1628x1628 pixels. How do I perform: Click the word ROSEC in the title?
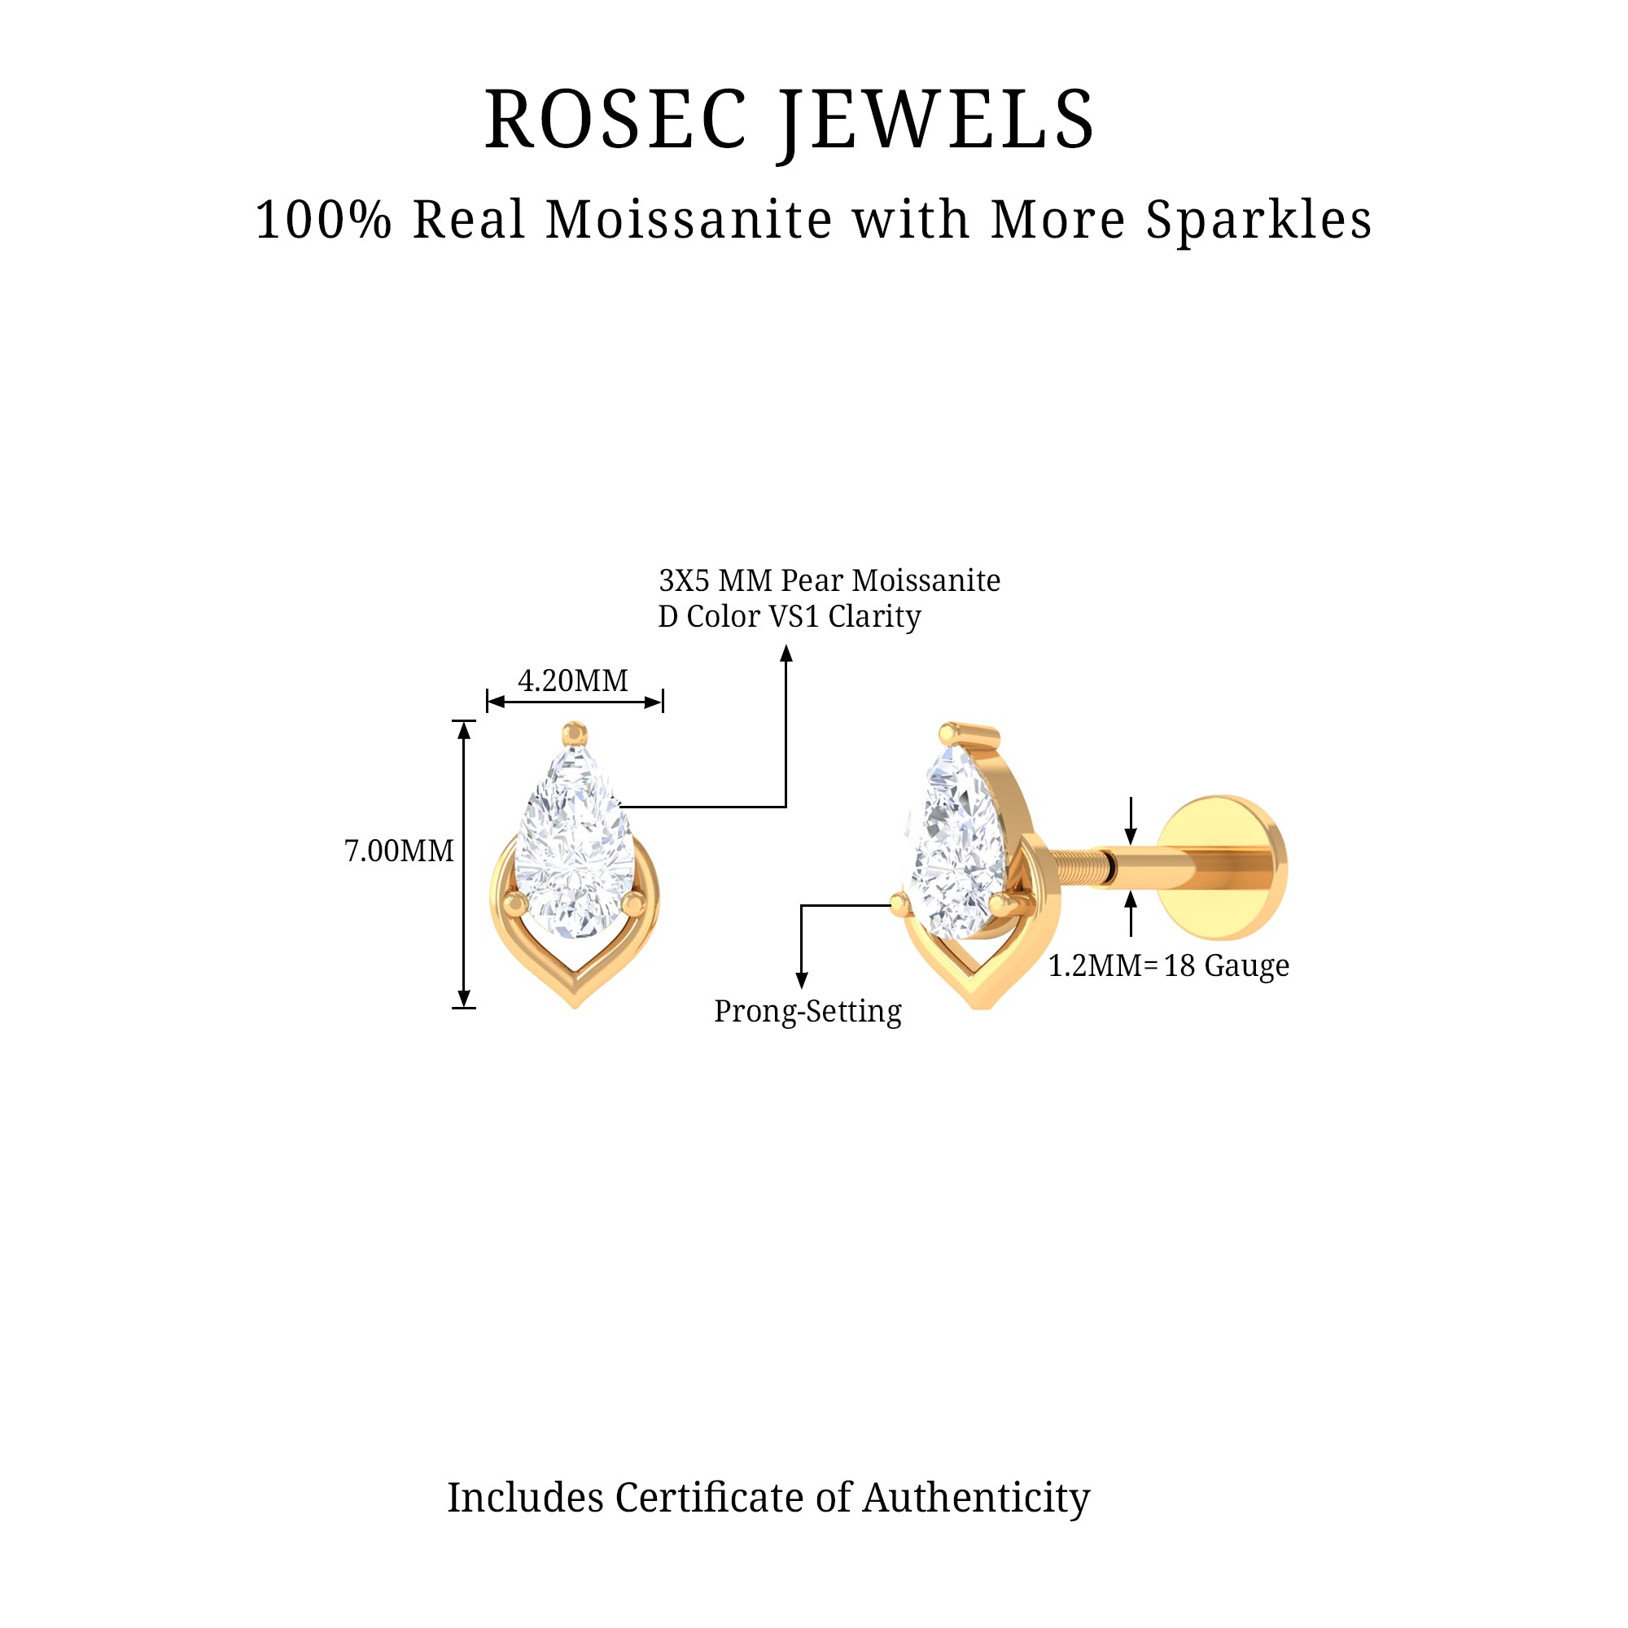click(616, 120)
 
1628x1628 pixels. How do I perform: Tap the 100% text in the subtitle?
click(324, 220)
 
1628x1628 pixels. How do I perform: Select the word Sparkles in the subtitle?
click(1258, 220)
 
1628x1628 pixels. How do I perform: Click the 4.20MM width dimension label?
click(573, 680)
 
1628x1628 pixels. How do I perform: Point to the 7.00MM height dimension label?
click(399, 851)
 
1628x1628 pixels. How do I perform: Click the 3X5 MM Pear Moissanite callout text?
click(829, 580)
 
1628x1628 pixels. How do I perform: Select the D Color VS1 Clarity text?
click(790, 617)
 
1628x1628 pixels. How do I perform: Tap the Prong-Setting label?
click(807, 1011)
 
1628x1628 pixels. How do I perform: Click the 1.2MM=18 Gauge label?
click(1168, 965)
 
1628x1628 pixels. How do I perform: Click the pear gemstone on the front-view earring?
click(575, 842)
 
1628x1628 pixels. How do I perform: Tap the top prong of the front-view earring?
click(575, 732)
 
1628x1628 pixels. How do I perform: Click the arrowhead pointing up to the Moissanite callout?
click(786, 654)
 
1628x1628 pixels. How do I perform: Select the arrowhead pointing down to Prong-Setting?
click(801, 979)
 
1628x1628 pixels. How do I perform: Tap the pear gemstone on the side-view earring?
click(956, 842)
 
